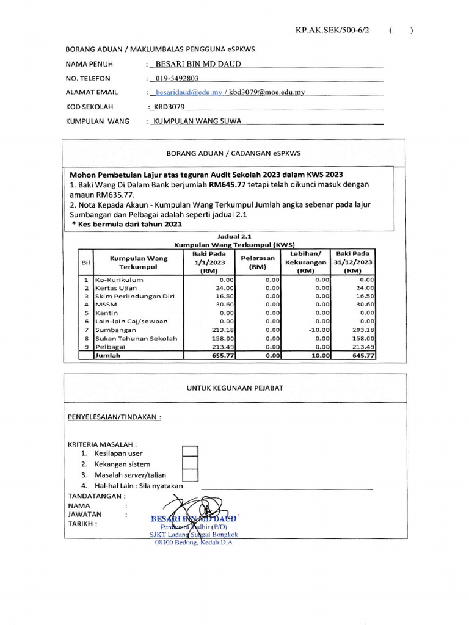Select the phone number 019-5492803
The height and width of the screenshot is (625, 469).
[177, 78]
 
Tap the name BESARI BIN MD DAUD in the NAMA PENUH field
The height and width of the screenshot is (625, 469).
[198, 64]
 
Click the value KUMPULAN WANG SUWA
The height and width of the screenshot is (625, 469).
[197, 121]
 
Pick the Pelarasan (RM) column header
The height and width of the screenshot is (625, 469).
[258, 262]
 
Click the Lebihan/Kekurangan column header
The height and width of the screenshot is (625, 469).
[307, 262]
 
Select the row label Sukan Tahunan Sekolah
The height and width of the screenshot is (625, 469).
[136, 338]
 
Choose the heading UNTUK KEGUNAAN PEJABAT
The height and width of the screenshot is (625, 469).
[234, 388]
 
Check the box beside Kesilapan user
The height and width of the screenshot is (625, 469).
[191, 452]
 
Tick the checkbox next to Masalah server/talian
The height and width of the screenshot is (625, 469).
[191, 474]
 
